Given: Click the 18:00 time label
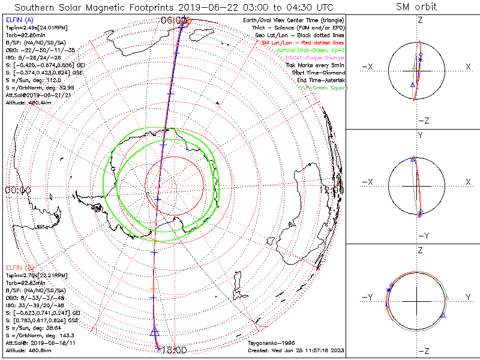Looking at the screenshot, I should tap(175, 349).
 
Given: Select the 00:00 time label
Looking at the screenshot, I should tap(17, 190).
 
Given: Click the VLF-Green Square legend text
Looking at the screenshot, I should tap(324, 88).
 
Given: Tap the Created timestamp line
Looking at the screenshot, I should tap(296, 350).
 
